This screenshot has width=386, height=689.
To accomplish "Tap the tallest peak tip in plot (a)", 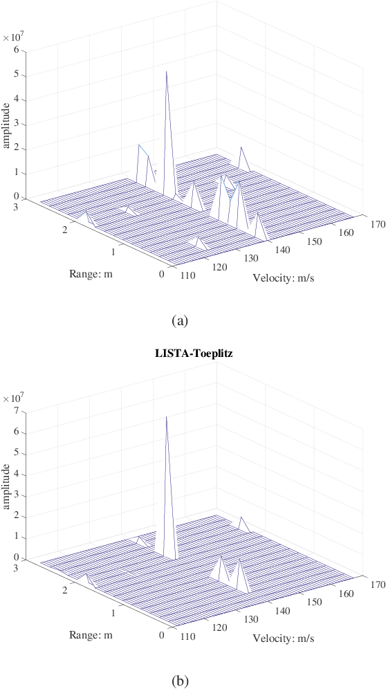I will coord(166,71).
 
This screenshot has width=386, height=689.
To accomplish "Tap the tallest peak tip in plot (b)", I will coord(166,416).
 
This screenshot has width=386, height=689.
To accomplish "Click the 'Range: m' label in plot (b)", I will coord(91,634).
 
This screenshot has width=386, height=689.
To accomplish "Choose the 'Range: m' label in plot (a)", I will coord(91,273).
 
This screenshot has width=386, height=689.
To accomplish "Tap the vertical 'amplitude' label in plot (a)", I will coord(6,125).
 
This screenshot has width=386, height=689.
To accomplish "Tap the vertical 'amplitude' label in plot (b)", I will coord(6,486).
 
